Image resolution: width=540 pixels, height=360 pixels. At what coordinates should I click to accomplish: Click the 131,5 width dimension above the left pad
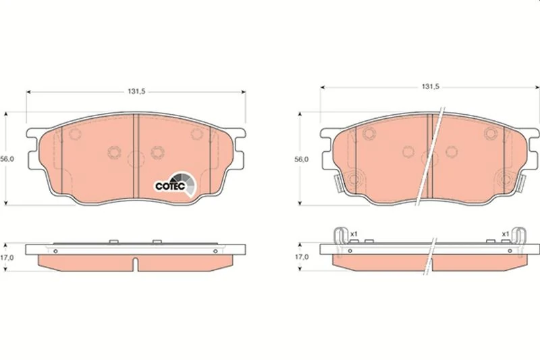click(137, 92)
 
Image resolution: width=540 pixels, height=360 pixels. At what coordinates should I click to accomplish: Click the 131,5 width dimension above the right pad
click(431, 87)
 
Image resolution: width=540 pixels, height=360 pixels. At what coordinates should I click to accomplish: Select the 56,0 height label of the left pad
click(7, 159)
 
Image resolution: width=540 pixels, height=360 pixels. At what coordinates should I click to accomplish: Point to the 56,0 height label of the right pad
click(301, 159)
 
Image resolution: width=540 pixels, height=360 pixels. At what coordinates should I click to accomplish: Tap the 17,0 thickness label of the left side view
click(7, 257)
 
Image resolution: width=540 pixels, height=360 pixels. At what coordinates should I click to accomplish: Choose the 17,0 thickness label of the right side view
click(301, 257)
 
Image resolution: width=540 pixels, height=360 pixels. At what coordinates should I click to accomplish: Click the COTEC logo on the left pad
click(175, 184)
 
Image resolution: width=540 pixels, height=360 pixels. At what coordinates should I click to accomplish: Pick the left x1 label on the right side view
click(354, 234)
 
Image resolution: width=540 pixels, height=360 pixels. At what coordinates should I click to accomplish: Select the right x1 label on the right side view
click(505, 234)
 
